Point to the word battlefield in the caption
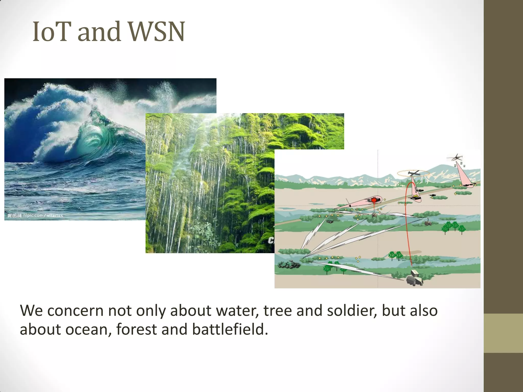pos(230,329)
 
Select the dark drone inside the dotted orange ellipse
pos(413,174)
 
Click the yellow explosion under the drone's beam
pos(417,197)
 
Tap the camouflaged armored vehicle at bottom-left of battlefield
pos(289,264)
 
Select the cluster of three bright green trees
pos(453,227)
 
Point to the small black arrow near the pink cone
pos(348,202)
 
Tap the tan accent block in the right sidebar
pos(503,333)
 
